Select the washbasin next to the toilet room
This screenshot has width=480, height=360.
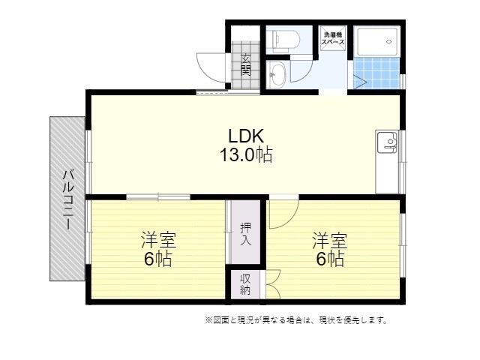point(276,73)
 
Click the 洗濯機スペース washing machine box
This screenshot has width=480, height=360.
point(334,39)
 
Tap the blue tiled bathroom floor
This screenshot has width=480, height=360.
point(376,73)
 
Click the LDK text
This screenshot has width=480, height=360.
point(245,136)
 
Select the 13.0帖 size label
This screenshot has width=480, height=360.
point(245,155)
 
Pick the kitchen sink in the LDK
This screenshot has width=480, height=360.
point(387,142)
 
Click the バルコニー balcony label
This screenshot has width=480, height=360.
point(67,199)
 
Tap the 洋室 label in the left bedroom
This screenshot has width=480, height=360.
point(158,241)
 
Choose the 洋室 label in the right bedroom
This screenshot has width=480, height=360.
point(330,241)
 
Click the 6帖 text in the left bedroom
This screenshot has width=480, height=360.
point(158,260)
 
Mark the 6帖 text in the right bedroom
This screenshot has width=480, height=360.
point(330,260)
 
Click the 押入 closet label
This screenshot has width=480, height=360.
point(246,234)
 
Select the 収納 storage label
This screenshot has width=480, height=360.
point(246,284)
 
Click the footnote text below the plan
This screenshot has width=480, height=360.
point(296,320)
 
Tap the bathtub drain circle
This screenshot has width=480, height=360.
point(389,42)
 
